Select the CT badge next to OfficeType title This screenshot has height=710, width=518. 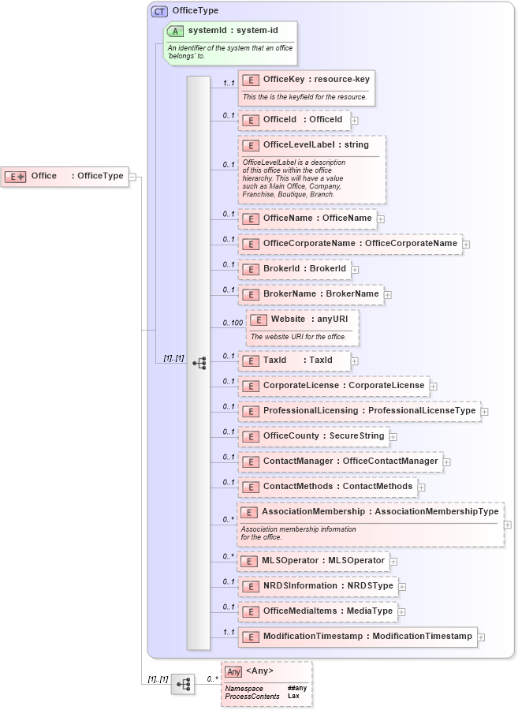tap(159, 11)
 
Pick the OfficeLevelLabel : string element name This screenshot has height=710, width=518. tap(315, 145)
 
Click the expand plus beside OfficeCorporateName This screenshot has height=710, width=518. tap(466, 244)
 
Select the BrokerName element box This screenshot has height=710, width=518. tap(311, 294)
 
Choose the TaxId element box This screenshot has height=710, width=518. tap(294, 361)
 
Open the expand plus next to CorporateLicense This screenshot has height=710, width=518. tap(434, 387)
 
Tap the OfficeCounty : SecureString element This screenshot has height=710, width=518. tap(314, 436)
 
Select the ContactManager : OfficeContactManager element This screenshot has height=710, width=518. tap(340, 461)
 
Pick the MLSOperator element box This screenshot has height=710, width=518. tap(314, 561)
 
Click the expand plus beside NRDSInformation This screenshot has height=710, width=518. tap(402, 586)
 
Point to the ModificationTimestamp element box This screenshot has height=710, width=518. tap(357, 637)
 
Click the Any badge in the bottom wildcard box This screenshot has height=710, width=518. tap(233, 672)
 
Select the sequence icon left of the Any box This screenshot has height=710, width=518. tap(182, 684)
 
